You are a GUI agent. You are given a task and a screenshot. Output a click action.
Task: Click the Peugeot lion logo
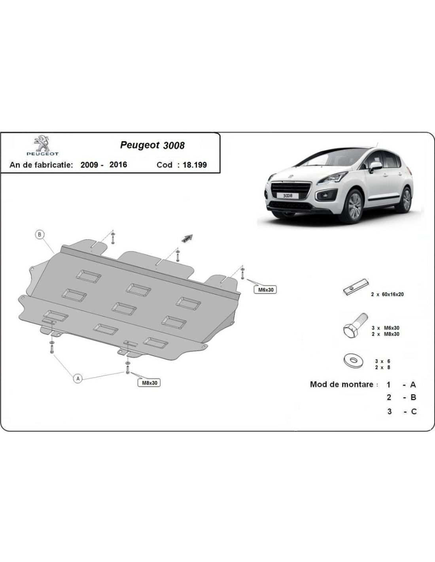pyautogui.click(x=42, y=143)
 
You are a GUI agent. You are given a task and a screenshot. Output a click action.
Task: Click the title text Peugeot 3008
pyautogui.click(x=152, y=145)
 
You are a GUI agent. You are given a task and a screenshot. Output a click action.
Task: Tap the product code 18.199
pyautogui.click(x=195, y=165)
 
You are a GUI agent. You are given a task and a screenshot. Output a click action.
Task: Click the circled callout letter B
pyautogui.click(x=40, y=235)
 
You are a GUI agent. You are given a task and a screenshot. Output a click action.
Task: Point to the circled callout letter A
pyautogui.click(x=78, y=379)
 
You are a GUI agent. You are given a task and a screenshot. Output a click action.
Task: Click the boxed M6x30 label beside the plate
pyautogui.click(x=266, y=290)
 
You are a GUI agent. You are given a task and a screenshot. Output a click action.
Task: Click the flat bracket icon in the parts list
pyautogui.click(x=356, y=286)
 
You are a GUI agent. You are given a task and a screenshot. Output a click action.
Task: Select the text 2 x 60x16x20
pyautogui.click(x=388, y=294)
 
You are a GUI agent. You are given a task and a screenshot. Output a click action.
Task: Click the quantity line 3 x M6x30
pyautogui.click(x=386, y=328)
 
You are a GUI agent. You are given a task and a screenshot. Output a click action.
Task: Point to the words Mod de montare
pyautogui.click(x=341, y=384)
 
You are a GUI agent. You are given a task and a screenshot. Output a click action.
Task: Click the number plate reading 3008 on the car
pyautogui.click(x=287, y=196)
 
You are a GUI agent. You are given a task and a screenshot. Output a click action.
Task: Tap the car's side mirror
pyautogui.click(x=375, y=166)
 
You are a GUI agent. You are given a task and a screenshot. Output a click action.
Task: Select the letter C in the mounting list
pyautogui.click(x=414, y=411)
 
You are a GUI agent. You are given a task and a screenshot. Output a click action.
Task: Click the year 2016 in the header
pyautogui.click(x=118, y=165)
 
